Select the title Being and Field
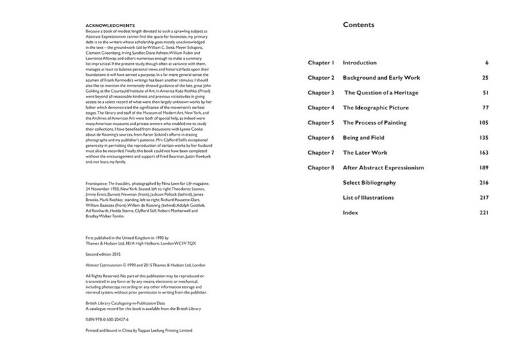366,137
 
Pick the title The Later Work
366,152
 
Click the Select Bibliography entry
369,182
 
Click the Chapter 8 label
321,167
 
